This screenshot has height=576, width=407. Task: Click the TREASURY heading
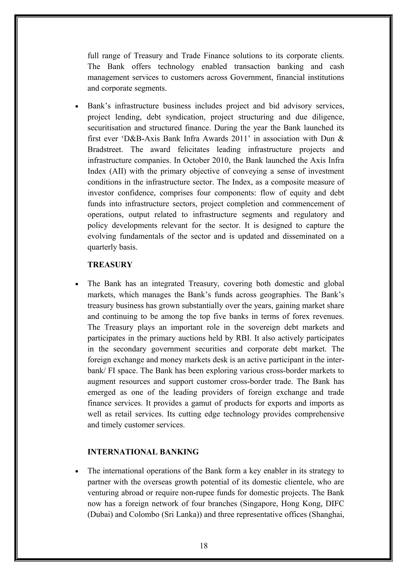click(x=110, y=265)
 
